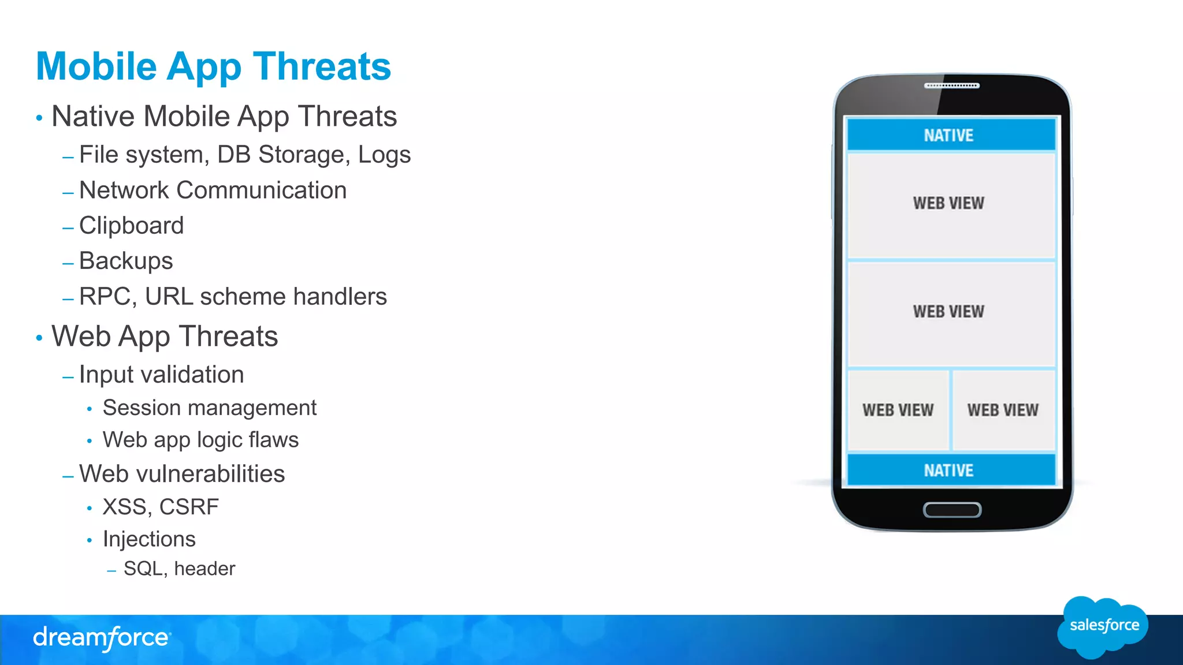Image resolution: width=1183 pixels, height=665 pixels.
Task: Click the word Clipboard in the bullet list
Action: coord(131,226)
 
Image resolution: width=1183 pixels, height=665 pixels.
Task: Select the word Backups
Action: coord(126,261)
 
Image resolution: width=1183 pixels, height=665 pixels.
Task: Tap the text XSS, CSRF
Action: coord(161,507)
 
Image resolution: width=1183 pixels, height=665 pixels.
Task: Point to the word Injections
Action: coord(149,539)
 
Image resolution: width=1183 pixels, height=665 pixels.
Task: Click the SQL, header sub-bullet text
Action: coord(179,569)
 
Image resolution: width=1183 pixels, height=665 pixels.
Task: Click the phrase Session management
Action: coord(209,408)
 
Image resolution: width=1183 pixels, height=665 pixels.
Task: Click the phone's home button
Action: coord(952,510)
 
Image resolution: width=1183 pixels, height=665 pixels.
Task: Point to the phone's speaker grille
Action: coord(951,86)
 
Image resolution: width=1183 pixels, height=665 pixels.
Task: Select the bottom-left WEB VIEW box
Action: coord(898,410)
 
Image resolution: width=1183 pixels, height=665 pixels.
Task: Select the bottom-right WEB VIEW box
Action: coord(1003,410)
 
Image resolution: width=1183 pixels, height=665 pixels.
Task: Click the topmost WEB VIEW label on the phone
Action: coord(948,203)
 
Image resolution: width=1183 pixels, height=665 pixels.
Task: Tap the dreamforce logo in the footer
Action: coord(102,638)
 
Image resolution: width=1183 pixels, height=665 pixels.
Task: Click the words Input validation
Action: coord(161,375)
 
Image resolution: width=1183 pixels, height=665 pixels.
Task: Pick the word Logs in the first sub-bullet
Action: coord(384,155)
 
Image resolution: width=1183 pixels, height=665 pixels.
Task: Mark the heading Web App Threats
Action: coord(165,337)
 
